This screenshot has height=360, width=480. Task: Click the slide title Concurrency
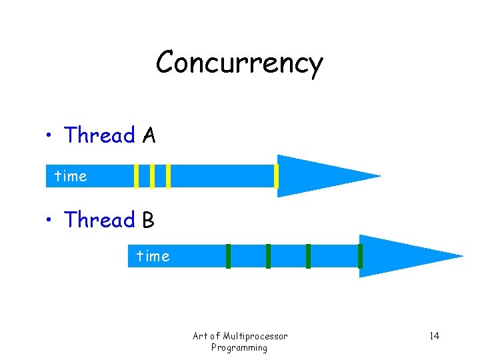[239, 63]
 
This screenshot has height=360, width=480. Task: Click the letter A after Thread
[149, 136]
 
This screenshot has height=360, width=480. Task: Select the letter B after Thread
[148, 220]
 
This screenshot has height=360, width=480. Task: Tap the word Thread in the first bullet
[99, 136]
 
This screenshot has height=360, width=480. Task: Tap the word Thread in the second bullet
[99, 220]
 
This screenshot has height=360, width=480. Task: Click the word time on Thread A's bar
[71, 177]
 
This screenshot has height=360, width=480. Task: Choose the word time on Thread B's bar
[153, 256]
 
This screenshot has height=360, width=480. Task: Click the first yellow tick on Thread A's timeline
[137, 176]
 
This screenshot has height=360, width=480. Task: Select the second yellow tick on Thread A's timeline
[153, 176]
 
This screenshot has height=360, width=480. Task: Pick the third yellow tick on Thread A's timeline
[169, 176]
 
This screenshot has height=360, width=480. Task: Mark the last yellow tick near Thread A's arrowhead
[276, 176]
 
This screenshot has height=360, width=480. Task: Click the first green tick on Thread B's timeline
[228, 256]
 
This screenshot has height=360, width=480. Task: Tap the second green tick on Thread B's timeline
[268, 256]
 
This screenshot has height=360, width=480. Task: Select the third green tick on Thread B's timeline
[308, 256]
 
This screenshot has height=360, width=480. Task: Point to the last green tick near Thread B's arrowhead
[360, 256]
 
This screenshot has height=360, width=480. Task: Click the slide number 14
[434, 335]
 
